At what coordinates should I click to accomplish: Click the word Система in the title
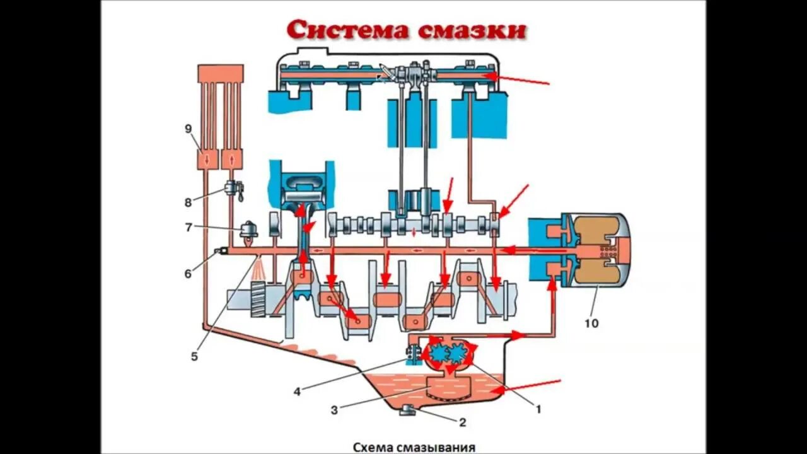[x=340, y=29]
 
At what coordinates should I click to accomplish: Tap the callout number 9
[x=188, y=129]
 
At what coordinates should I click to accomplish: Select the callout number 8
[x=188, y=202]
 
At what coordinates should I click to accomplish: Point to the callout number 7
[x=188, y=228]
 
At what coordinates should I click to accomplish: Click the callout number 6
[x=188, y=274]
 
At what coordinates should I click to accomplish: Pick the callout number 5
[x=194, y=356]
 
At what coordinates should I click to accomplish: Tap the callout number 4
[x=297, y=391]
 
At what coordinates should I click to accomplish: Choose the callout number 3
[x=335, y=410]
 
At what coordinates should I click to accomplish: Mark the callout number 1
[x=538, y=409]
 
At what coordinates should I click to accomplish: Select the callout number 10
[x=591, y=323]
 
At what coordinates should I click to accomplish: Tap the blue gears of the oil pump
[x=448, y=353]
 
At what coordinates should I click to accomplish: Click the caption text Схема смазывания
[x=414, y=447]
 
